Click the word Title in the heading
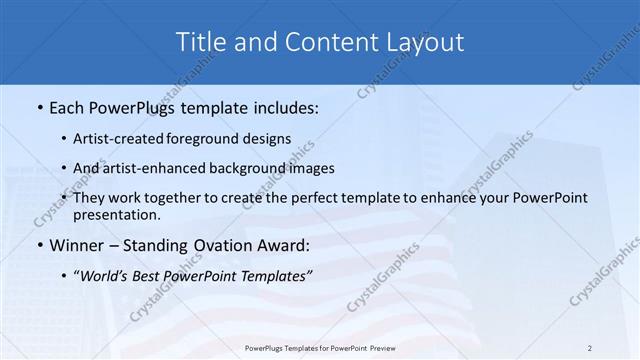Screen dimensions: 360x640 (x=200, y=42)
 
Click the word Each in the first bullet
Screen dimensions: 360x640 (x=69, y=105)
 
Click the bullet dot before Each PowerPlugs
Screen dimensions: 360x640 (x=39, y=106)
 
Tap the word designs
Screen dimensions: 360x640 (x=269, y=139)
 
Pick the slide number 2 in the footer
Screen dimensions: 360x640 (x=589, y=348)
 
